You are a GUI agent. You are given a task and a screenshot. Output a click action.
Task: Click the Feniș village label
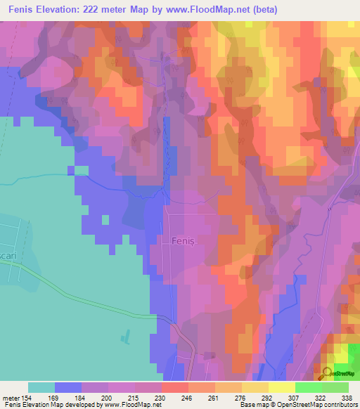pyautogui.click(x=182, y=241)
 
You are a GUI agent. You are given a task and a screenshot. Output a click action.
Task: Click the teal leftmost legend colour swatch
pyautogui.click(x=41, y=387)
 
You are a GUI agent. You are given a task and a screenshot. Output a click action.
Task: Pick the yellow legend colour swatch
pyautogui.click(x=281, y=387)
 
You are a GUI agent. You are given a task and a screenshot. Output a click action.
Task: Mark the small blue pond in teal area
pyautogui.click(x=125, y=337)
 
